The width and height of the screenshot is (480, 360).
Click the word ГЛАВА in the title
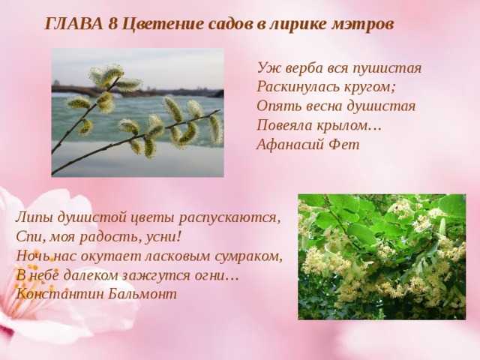[x=74, y=24]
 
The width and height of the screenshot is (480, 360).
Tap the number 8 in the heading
[x=113, y=24]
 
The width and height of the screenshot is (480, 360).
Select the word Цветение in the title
[x=163, y=25]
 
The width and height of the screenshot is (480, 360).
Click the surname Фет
[x=343, y=145]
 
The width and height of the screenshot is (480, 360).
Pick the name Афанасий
[x=290, y=145]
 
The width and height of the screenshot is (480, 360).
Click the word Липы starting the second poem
[x=34, y=218]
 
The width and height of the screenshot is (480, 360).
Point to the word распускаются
[x=229, y=218]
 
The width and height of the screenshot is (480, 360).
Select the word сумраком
[x=248, y=257]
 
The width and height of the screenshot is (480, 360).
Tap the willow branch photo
[x=137, y=112]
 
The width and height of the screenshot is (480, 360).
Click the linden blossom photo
[x=382, y=256]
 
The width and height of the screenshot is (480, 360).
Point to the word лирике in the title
[x=298, y=25]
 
